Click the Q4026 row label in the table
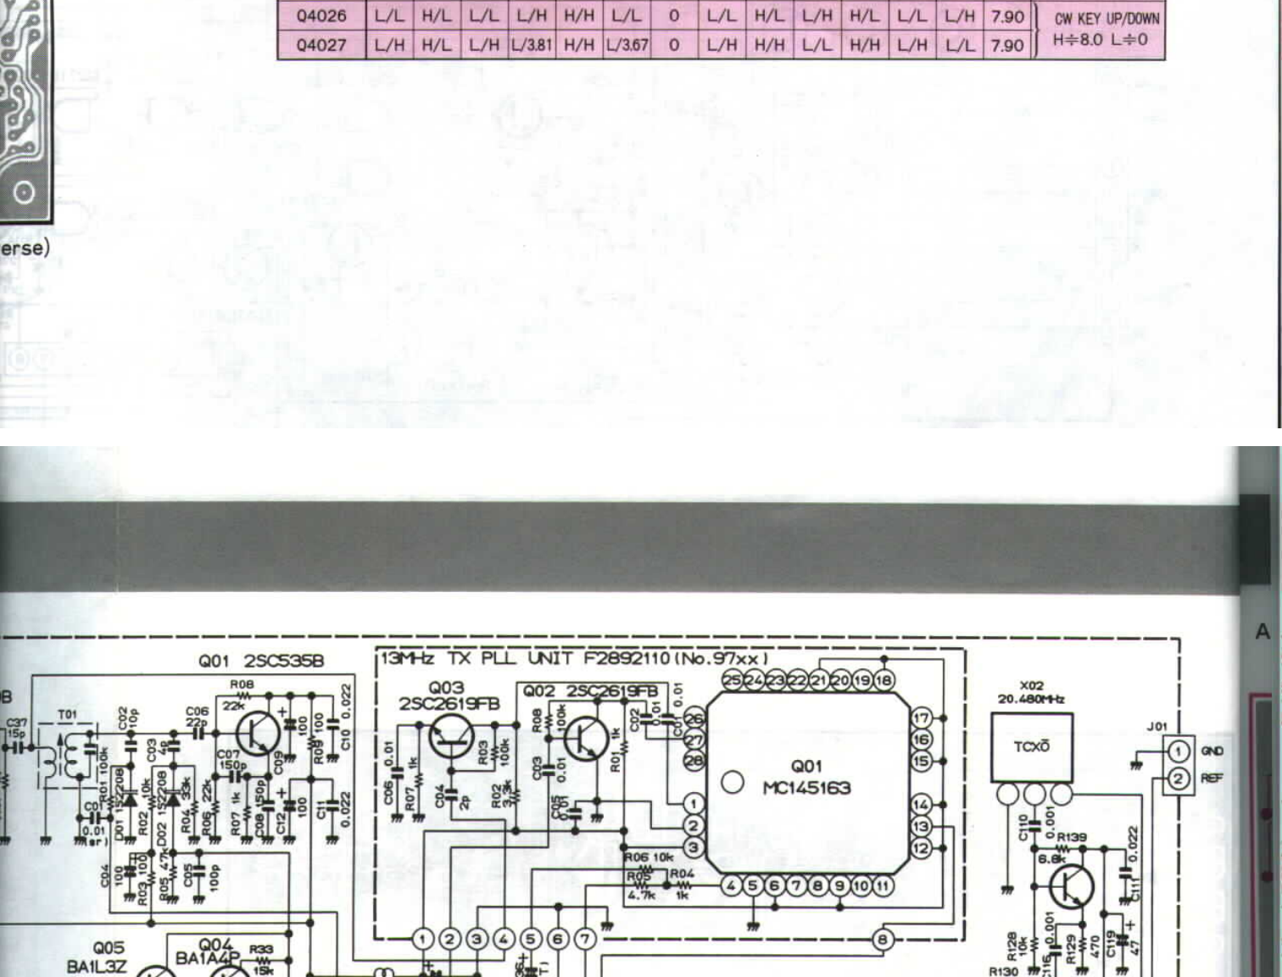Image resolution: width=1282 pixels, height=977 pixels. tap(321, 16)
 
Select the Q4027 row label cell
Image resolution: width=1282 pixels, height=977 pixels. tap(321, 44)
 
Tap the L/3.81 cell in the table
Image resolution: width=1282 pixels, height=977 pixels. tap(532, 44)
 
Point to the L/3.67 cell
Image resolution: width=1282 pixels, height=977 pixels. tap(627, 44)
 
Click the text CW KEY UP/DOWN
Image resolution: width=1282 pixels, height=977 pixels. tap(1106, 18)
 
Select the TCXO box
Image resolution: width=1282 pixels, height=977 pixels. tap(1032, 747)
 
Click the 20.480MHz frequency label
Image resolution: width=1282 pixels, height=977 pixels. tap(1031, 699)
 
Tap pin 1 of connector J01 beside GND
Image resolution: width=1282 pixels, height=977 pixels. tap(1178, 751)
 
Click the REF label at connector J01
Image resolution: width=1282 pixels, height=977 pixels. tap(1212, 778)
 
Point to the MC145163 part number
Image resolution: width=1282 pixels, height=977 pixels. tap(806, 788)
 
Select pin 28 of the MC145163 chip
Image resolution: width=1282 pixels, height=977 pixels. tap(694, 761)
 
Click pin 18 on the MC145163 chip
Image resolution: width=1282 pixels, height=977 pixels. tap(883, 680)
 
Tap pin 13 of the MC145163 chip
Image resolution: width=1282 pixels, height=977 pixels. tap(922, 826)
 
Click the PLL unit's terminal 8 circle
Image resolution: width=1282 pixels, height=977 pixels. tap(883, 939)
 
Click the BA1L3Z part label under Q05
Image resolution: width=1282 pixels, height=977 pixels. tap(97, 966)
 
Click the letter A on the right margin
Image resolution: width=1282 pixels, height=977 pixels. tap(1262, 632)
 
